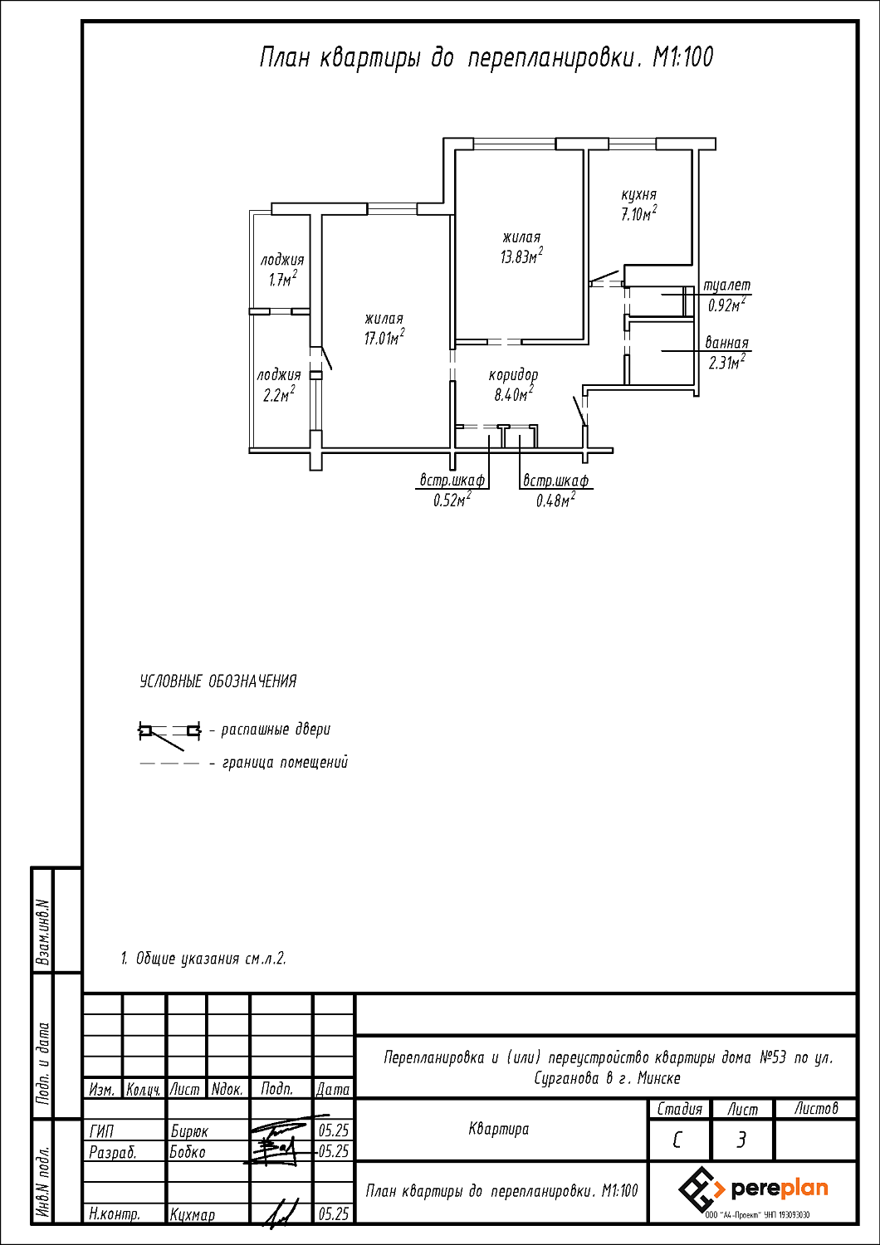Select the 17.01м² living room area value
click(384, 337)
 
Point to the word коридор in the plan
click(513, 375)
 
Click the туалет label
click(726, 286)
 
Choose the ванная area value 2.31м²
click(726, 363)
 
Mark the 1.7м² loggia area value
click(283, 278)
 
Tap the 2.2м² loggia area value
click(278, 394)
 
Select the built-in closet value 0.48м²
click(555, 500)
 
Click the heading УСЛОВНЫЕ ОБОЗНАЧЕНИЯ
click(218, 681)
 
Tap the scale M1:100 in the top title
click(682, 57)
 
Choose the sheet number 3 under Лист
click(741, 1140)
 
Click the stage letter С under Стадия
click(677, 1140)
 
